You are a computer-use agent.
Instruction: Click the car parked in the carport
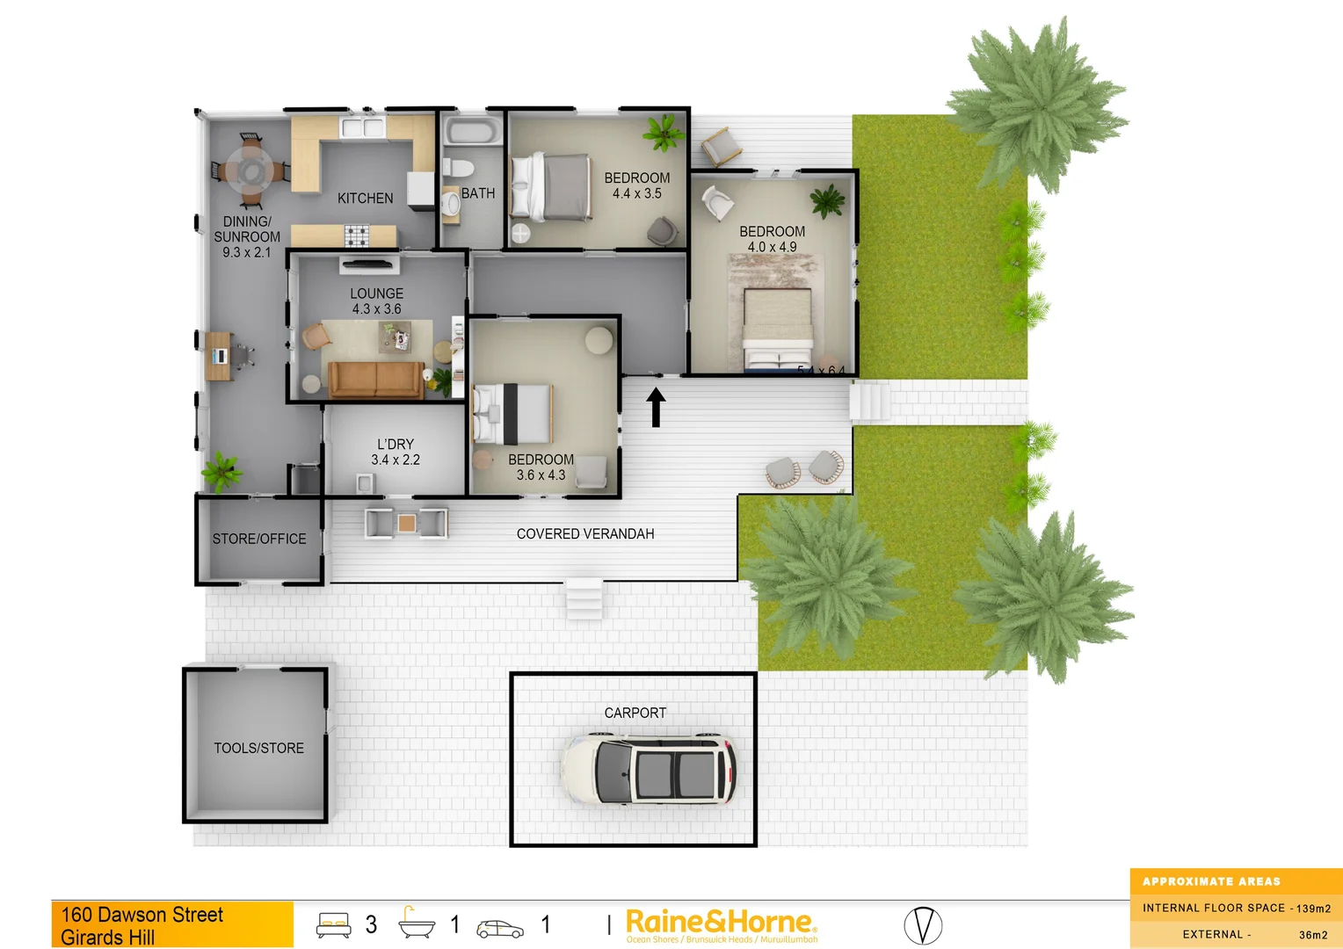(x=649, y=770)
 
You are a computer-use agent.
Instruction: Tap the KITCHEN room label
(x=366, y=199)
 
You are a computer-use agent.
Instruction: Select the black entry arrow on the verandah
(x=656, y=408)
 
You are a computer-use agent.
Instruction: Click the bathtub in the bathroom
(x=473, y=132)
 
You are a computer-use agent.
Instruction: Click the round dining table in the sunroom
(x=250, y=170)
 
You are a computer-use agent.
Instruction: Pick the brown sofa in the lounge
(x=375, y=379)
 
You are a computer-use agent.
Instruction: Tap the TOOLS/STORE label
(x=258, y=748)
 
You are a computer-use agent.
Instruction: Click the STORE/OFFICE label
(x=259, y=539)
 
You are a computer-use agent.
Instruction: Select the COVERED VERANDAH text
(x=585, y=533)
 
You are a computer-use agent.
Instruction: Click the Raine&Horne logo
(x=721, y=924)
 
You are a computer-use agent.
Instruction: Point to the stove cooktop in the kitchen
(x=357, y=235)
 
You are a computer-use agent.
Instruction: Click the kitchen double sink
(x=363, y=128)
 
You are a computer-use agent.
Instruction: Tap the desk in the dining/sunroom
(x=220, y=355)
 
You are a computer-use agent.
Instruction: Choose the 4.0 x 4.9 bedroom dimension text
(x=772, y=247)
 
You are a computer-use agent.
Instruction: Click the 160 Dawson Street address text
(x=142, y=915)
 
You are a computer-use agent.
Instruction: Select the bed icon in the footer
(x=334, y=924)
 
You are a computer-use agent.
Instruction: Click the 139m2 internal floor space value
(x=1313, y=909)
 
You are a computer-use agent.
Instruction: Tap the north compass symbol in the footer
(x=923, y=925)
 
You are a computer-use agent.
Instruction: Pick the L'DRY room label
(x=396, y=445)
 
